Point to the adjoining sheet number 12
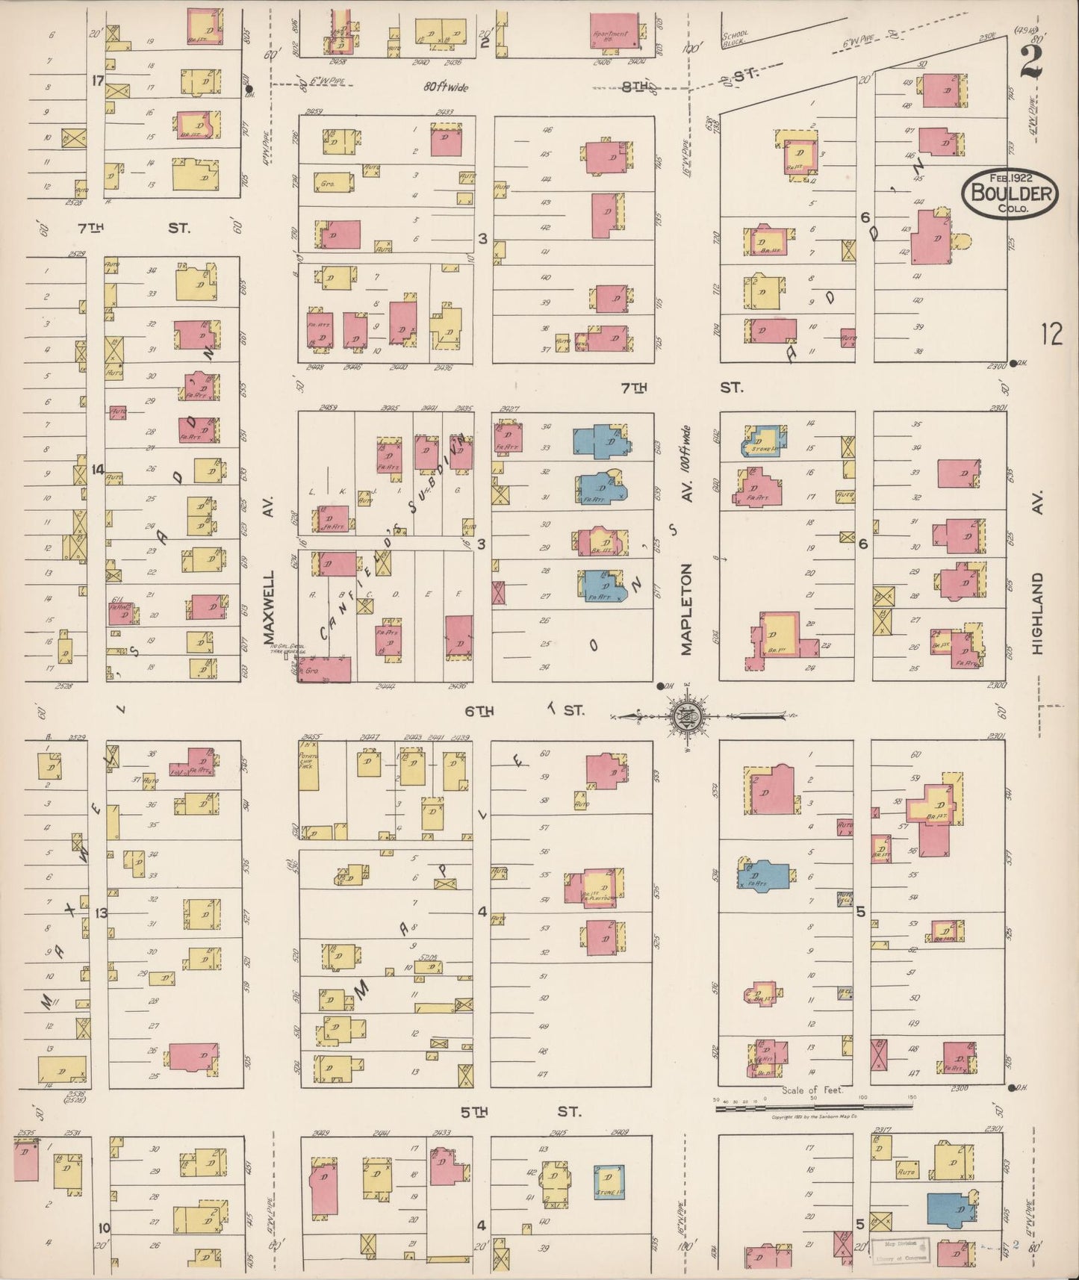pyautogui.click(x=1051, y=334)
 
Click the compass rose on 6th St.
pyautogui.click(x=685, y=716)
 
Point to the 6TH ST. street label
pyautogui.click(x=523, y=711)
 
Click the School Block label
pyautogui.click(x=735, y=39)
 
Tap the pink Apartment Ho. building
pyautogui.click(x=615, y=31)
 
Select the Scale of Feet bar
pyautogui.click(x=814, y=1106)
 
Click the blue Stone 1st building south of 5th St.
pyautogui.click(x=609, y=1183)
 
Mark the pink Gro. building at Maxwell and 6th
pyautogui.click(x=326, y=669)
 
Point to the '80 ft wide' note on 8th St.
pyautogui.click(x=446, y=87)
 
